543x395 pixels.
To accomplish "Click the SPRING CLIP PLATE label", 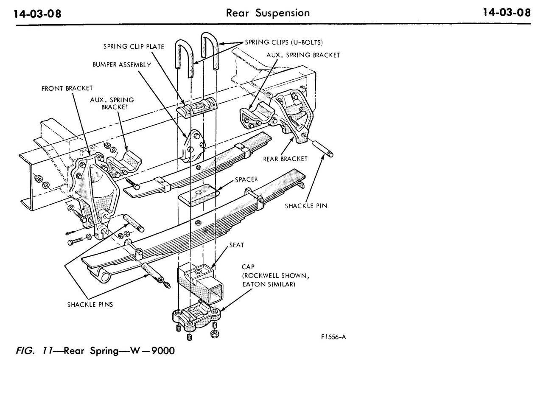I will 134,46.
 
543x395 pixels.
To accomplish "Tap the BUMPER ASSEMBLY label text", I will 122,65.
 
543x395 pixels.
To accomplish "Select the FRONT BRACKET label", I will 67,89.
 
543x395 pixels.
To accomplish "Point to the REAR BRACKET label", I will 285,159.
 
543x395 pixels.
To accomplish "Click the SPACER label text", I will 246,179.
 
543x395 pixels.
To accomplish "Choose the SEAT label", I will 236,245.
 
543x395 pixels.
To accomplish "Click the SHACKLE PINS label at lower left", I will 90,305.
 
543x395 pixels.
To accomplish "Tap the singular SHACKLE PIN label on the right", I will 306,206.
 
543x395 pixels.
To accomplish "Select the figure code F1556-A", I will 333,337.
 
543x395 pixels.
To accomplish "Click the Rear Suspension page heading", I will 268,13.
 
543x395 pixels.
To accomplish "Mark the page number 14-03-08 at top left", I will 38,14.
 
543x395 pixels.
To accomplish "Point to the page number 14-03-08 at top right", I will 507,13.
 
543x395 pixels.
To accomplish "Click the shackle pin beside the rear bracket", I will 323,148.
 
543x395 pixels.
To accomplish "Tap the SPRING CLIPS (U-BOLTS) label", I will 284,42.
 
